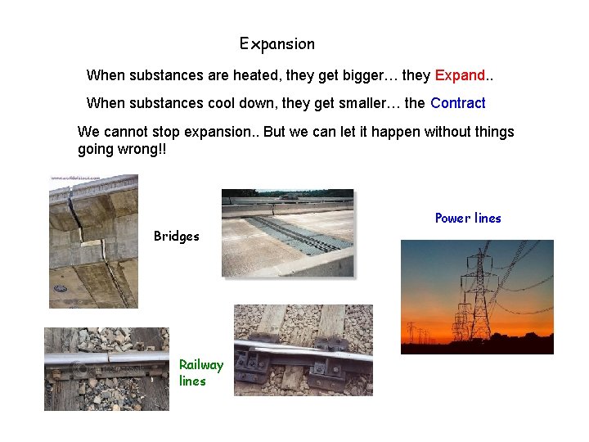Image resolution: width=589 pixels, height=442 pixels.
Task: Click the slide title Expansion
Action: [x=277, y=44]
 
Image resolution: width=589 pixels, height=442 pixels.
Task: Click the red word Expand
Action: [x=460, y=75]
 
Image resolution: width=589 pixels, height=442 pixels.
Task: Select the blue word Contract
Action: [x=457, y=103]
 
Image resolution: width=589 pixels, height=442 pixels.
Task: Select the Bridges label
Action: [x=177, y=237]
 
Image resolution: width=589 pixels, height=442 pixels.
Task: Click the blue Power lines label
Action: [x=468, y=218]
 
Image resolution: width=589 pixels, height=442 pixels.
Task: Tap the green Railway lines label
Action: [x=200, y=372]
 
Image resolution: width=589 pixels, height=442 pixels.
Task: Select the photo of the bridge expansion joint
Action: [x=287, y=233]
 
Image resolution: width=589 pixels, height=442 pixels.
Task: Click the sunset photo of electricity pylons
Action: [x=476, y=296]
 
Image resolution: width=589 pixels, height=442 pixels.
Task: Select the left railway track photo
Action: [x=106, y=368]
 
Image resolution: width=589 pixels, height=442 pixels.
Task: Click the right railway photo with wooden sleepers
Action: [x=303, y=350]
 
